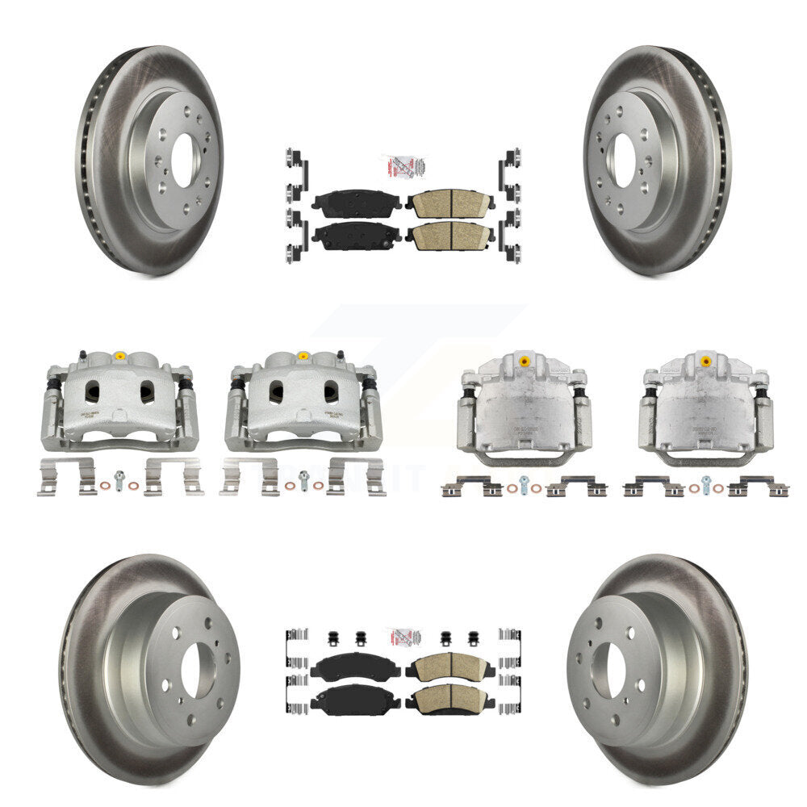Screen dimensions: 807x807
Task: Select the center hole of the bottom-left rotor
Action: [x=198, y=671]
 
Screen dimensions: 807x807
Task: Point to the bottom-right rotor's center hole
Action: [x=607, y=670]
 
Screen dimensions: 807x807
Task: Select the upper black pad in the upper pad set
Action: [x=356, y=203]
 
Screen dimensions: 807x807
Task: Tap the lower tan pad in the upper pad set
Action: [x=450, y=235]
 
